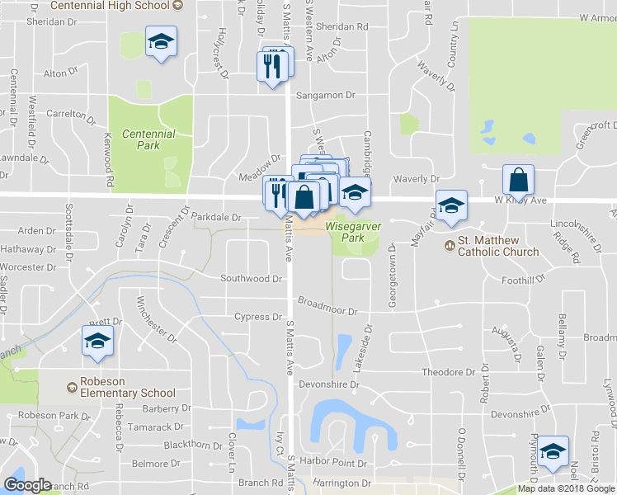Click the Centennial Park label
[148, 139]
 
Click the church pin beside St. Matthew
[450, 244]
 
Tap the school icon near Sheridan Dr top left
[162, 41]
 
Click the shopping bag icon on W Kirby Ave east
[518, 179]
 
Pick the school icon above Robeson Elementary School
[97, 342]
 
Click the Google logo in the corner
[27, 485]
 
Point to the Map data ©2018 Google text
[565, 489]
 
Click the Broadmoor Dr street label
[327, 307]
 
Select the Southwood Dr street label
[251, 279]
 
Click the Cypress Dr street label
[258, 317]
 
